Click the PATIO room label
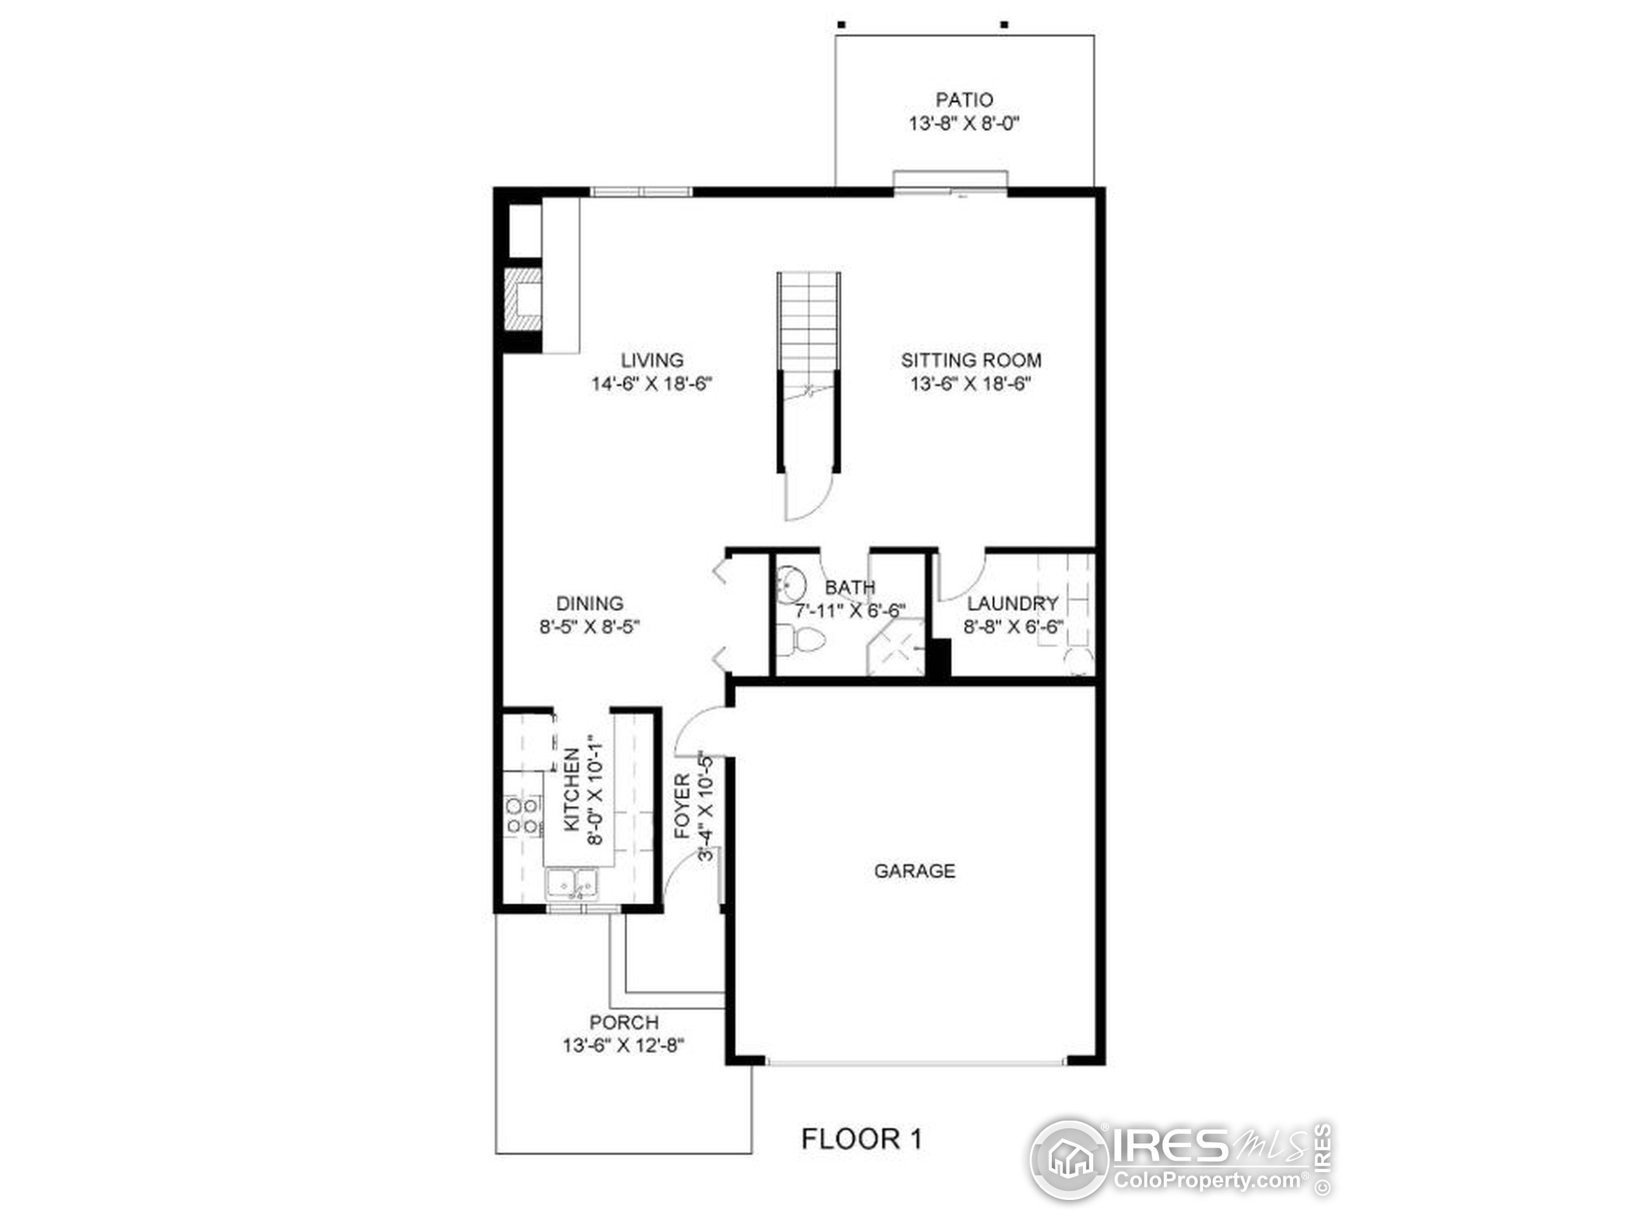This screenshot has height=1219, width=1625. [x=964, y=99]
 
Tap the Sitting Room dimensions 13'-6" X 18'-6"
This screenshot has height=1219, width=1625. [x=971, y=384]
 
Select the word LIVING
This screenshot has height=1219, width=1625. [x=653, y=360]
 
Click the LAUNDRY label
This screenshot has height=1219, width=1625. [x=1012, y=604]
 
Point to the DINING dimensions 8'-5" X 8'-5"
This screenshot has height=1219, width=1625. [x=590, y=627]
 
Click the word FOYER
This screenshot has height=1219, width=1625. [x=682, y=806]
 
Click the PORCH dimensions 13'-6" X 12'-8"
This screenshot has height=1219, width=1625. [x=624, y=1045]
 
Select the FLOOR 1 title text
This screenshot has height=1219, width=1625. [x=862, y=1140]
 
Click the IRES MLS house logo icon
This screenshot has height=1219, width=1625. [x=1070, y=1159]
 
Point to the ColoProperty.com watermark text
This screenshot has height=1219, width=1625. [x=1210, y=1181]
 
